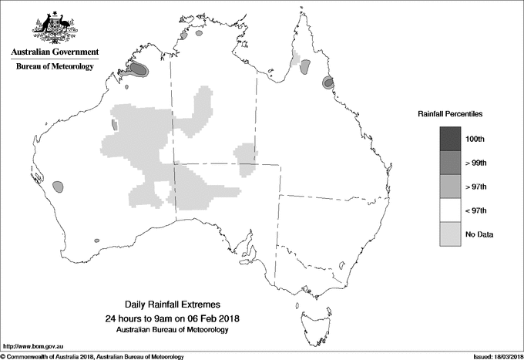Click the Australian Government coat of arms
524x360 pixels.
coord(54,28)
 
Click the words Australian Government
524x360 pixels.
coord(55,52)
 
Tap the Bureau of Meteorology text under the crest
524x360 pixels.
coord(55,67)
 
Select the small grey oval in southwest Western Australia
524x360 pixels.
coord(58,186)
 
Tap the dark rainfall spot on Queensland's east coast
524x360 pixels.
coord(328,82)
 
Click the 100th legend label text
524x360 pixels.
coord(475,139)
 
